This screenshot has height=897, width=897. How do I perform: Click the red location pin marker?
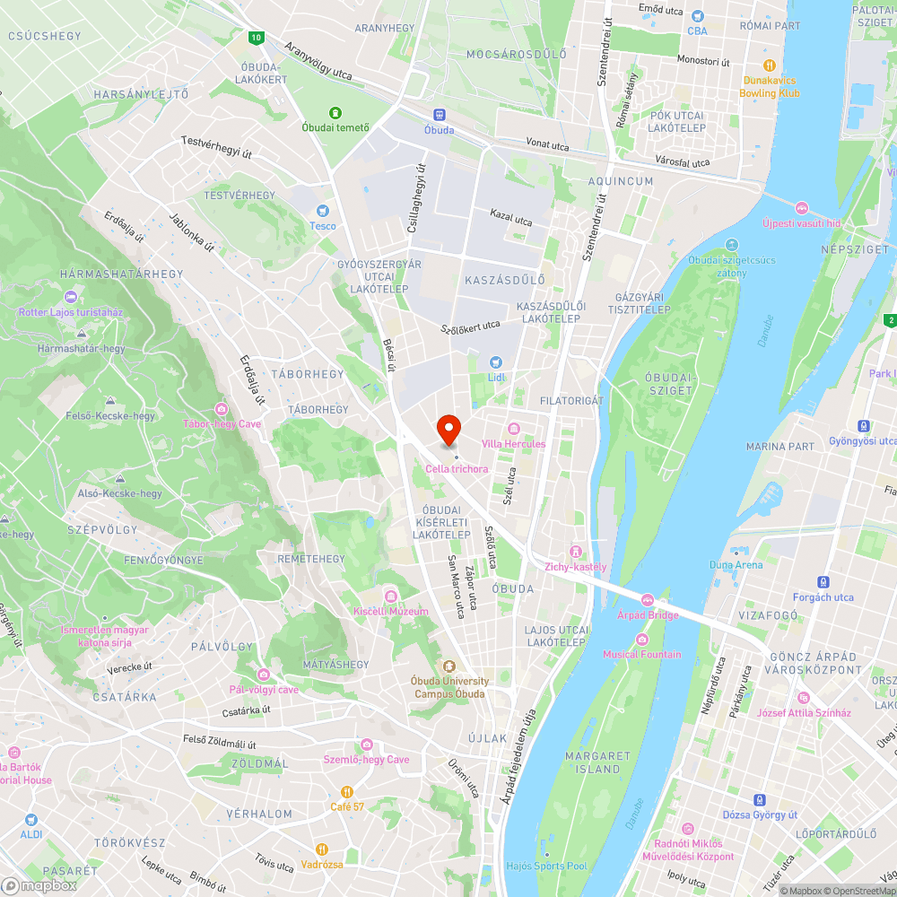pyautogui.click(x=448, y=430)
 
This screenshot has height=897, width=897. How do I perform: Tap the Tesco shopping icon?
pyautogui.click(x=322, y=210)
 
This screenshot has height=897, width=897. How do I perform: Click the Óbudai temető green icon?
pyautogui.click(x=335, y=113)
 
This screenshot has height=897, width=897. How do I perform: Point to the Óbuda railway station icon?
pyautogui.click(x=439, y=115)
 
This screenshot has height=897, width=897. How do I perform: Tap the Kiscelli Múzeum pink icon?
pyautogui.click(x=390, y=597)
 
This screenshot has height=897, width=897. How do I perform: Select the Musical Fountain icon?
pyautogui.click(x=641, y=640)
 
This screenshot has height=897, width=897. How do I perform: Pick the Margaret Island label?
pyautogui.click(x=592, y=762)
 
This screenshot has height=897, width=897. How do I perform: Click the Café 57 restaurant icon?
pyautogui.click(x=346, y=792)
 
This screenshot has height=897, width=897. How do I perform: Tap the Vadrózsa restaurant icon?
pyautogui.click(x=322, y=849)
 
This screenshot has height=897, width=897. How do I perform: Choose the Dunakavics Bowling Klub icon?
pyautogui.click(x=769, y=65)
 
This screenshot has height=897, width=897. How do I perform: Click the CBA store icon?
pyautogui.click(x=697, y=16)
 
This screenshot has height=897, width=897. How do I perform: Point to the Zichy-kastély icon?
pyautogui.click(x=575, y=552)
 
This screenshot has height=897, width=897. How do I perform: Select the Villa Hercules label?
pyautogui.click(x=513, y=444)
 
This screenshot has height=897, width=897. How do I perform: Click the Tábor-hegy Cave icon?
pyautogui.click(x=222, y=409)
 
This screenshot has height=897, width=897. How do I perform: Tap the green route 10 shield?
pyautogui.click(x=257, y=38)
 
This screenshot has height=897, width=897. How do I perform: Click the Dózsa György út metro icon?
pyautogui.click(x=760, y=800)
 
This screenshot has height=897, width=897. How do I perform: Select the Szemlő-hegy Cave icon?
pyautogui.click(x=366, y=745)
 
